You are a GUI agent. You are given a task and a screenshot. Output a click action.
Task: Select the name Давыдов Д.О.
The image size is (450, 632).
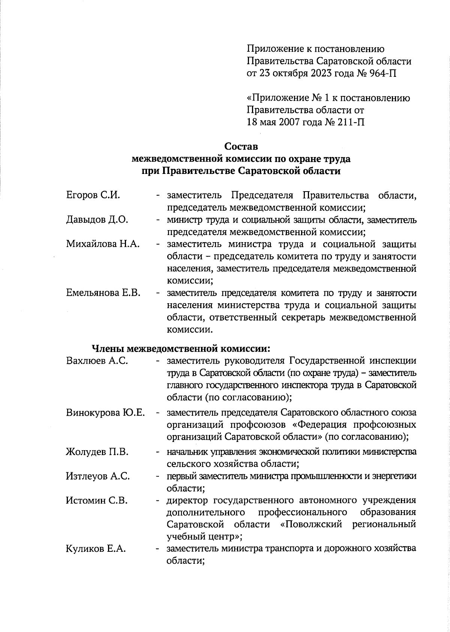pos(97,220)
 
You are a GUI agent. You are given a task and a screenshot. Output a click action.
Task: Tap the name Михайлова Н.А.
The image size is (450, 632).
pos(103,244)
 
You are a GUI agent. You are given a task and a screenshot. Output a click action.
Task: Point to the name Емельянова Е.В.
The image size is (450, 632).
pos(103,293)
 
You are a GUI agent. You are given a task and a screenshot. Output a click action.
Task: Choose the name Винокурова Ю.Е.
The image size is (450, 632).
pos(105,413)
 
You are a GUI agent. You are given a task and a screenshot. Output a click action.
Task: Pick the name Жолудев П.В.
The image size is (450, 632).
pos(97,452)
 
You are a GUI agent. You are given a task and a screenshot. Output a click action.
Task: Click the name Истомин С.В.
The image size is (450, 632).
pos(97,500)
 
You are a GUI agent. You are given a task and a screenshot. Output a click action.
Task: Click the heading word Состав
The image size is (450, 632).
pos(241,146)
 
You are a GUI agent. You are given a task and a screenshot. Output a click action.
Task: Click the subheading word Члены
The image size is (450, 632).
pos(108,349)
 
